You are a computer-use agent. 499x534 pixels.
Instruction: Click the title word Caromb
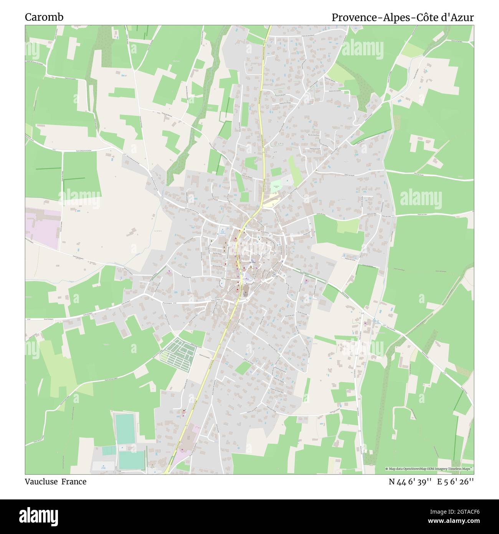[44, 17]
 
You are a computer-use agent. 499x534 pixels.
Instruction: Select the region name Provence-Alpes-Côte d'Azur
[403, 17]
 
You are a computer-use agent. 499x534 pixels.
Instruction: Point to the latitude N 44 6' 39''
[410, 482]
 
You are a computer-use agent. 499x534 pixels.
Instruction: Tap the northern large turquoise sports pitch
[126, 428]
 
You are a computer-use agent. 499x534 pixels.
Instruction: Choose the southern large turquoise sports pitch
[131, 459]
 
